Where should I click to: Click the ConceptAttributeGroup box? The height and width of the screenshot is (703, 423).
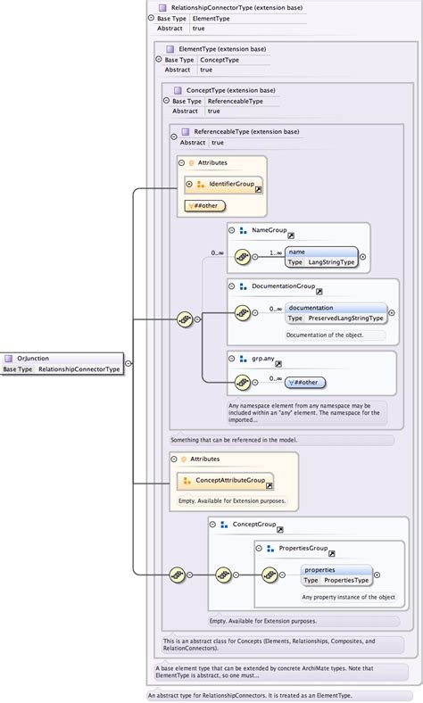pos(229,480)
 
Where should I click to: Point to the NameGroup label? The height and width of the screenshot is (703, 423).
pos(269,230)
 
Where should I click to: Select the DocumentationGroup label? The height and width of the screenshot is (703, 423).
pos(283,286)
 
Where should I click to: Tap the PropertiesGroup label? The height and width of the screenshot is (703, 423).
pos(303,548)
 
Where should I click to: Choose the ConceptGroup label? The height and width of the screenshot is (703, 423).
pos(253,525)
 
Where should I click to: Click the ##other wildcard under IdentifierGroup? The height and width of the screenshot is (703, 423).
pos(204,205)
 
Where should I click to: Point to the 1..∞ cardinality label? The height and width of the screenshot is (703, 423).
pos(276,252)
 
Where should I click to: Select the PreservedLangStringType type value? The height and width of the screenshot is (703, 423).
pos(345,318)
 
